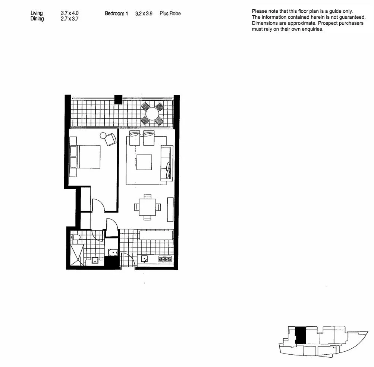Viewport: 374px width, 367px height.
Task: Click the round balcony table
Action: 152,114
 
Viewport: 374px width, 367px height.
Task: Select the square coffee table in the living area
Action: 144,162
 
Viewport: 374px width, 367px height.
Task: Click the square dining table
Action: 148,207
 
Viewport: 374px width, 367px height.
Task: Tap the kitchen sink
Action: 144,258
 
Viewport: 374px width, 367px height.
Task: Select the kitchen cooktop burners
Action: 165,259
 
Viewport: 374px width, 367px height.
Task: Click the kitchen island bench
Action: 156,235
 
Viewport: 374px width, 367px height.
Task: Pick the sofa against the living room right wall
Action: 166,164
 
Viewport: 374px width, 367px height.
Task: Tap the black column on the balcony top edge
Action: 118,99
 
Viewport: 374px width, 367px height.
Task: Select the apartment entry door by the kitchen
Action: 128,259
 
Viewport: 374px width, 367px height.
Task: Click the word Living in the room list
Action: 37,13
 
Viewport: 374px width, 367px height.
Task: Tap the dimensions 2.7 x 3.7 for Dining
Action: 69,19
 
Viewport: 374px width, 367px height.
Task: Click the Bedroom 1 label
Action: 116,13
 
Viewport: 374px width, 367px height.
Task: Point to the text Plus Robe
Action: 170,13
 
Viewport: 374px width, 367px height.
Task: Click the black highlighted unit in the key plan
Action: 300,335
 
